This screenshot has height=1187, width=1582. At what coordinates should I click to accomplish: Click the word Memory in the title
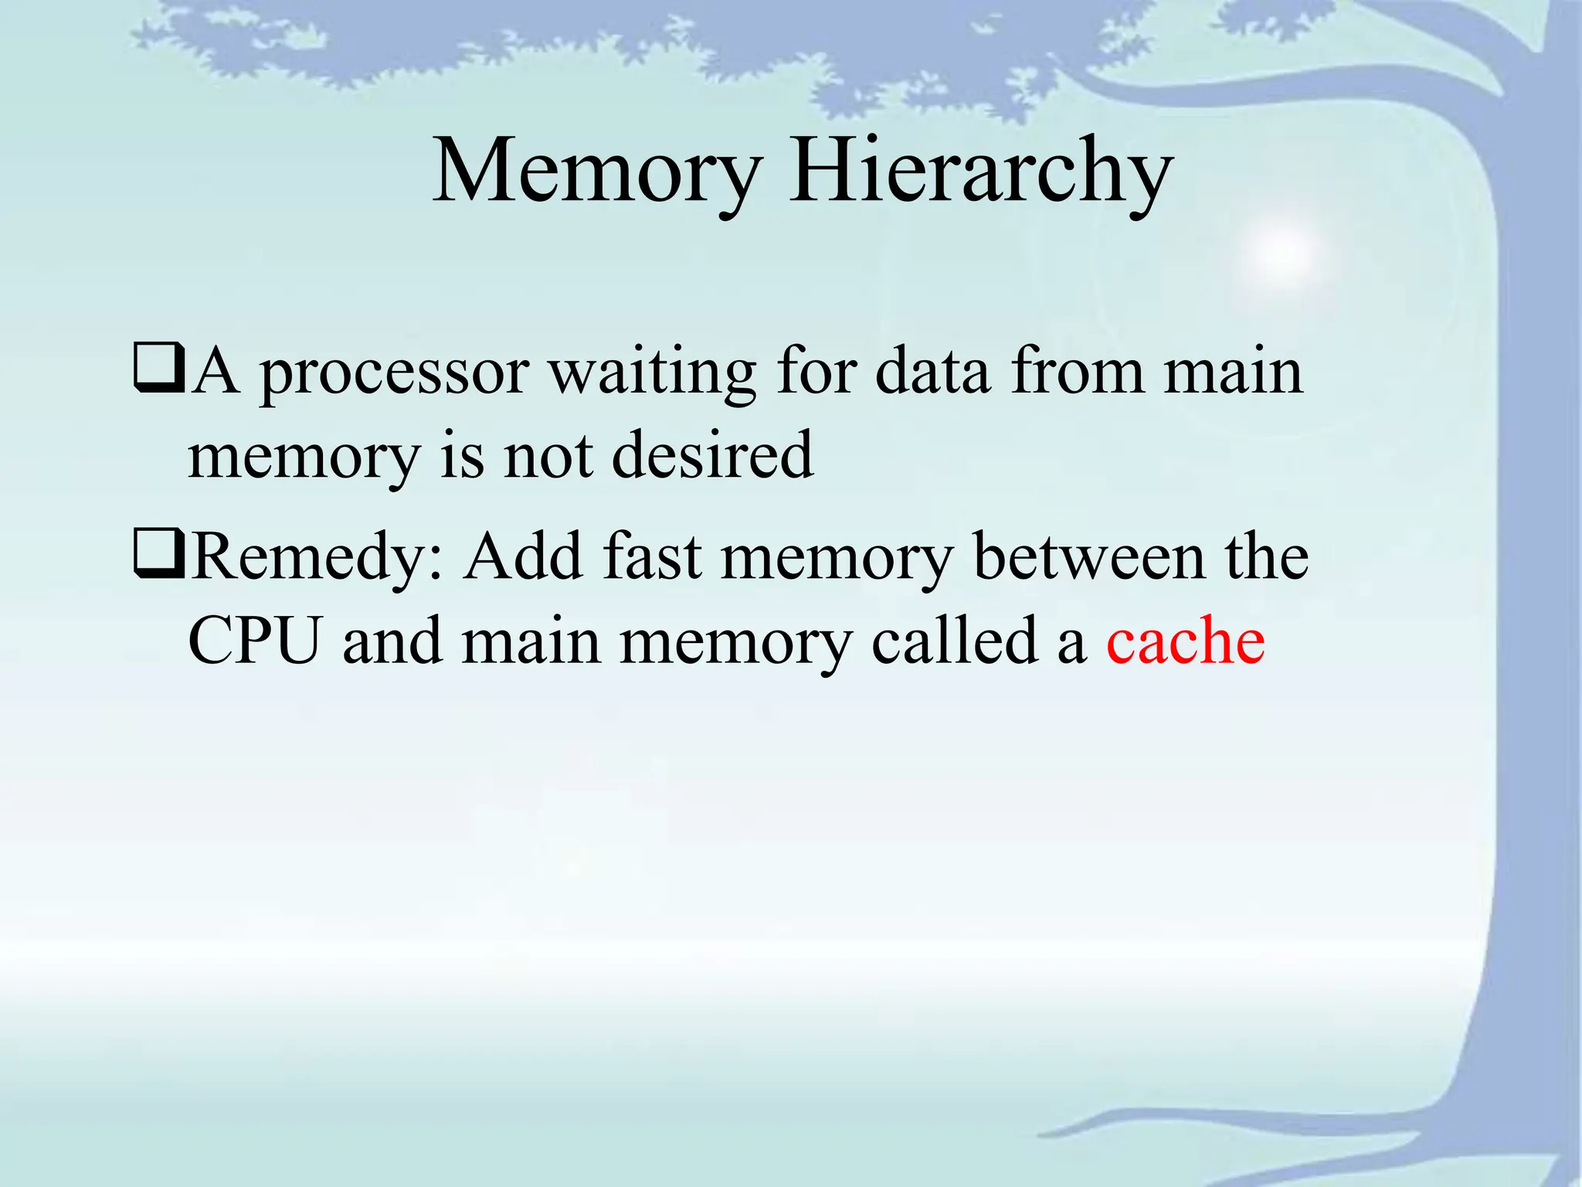click(x=597, y=172)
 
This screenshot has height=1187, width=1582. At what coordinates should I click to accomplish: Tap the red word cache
click(x=1185, y=641)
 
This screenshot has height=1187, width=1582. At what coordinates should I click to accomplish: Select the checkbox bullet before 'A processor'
click(x=158, y=369)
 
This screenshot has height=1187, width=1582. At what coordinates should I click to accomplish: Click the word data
click(x=932, y=372)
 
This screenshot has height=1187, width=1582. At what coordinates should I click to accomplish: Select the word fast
click(x=653, y=556)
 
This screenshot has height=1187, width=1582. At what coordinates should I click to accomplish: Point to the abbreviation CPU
click(x=254, y=641)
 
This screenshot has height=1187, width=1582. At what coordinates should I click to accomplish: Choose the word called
click(x=954, y=641)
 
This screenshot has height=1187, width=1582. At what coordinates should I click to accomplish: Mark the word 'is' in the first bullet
click(x=461, y=456)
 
